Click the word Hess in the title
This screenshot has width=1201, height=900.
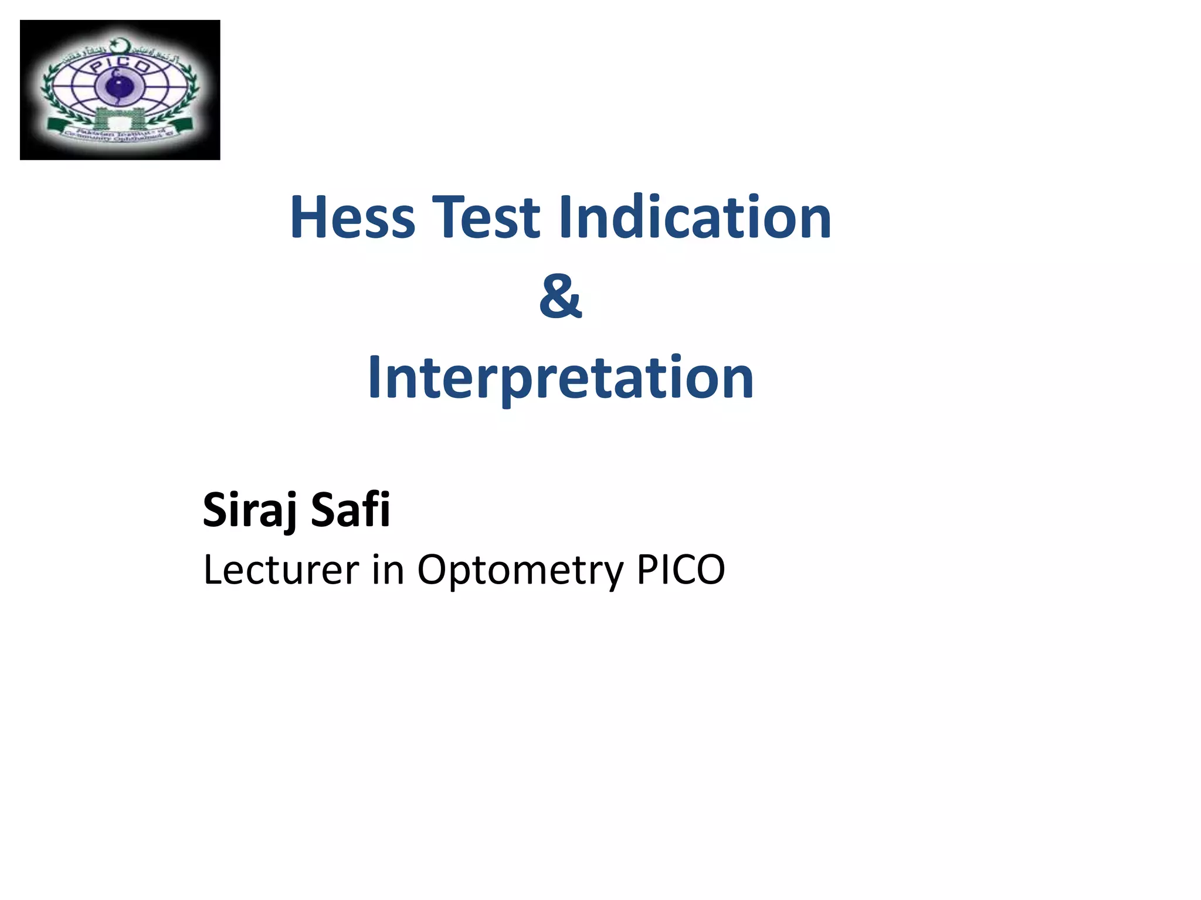pos(352,217)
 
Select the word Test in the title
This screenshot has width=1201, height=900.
pos(486,217)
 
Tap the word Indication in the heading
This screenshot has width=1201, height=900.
pos(695,217)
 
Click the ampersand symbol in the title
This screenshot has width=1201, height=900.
pos(561,296)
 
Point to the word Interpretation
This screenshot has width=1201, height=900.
pos(561,378)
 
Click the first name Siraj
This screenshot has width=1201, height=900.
pos(250,510)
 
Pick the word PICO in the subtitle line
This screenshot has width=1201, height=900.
pos(681,570)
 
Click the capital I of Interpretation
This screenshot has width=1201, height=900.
pos(374,378)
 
